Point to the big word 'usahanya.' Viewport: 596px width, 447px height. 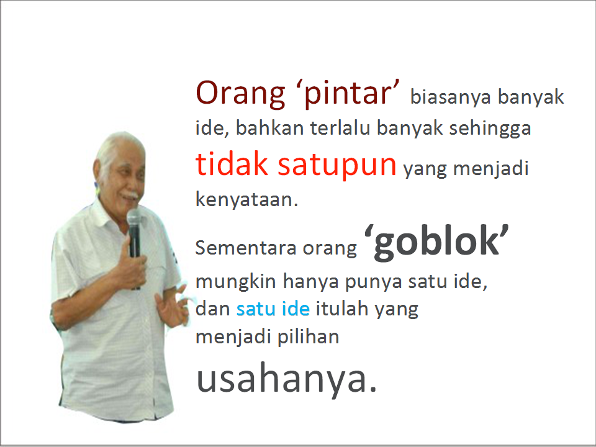tap(287, 379)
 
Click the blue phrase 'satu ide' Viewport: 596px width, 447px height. tap(273, 308)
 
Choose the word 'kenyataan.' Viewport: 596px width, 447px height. tap(247, 200)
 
